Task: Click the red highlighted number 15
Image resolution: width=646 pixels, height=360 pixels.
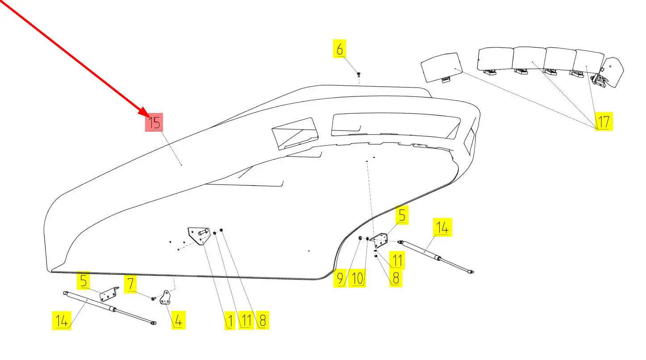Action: tap(154, 122)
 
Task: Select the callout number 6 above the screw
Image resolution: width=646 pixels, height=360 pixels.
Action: tap(340, 49)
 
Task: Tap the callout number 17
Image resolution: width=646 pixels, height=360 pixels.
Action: tap(604, 121)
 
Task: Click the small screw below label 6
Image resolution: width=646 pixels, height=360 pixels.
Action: tap(358, 74)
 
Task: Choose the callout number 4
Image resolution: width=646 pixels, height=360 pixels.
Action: tap(178, 320)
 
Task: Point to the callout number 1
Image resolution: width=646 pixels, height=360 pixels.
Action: tap(230, 320)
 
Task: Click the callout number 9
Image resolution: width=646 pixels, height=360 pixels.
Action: tap(340, 279)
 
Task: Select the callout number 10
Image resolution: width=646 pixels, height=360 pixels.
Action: tap(357, 279)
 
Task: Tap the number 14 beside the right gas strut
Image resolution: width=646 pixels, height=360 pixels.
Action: tap(442, 227)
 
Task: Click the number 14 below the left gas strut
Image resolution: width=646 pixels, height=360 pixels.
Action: tap(62, 321)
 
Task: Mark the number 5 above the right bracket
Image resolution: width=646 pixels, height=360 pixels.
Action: tap(402, 216)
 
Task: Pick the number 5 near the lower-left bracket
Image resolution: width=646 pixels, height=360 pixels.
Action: tap(84, 281)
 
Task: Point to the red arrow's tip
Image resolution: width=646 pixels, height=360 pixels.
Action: tap(147, 115)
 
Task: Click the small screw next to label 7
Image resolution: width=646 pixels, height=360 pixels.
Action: tap(154, 298)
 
